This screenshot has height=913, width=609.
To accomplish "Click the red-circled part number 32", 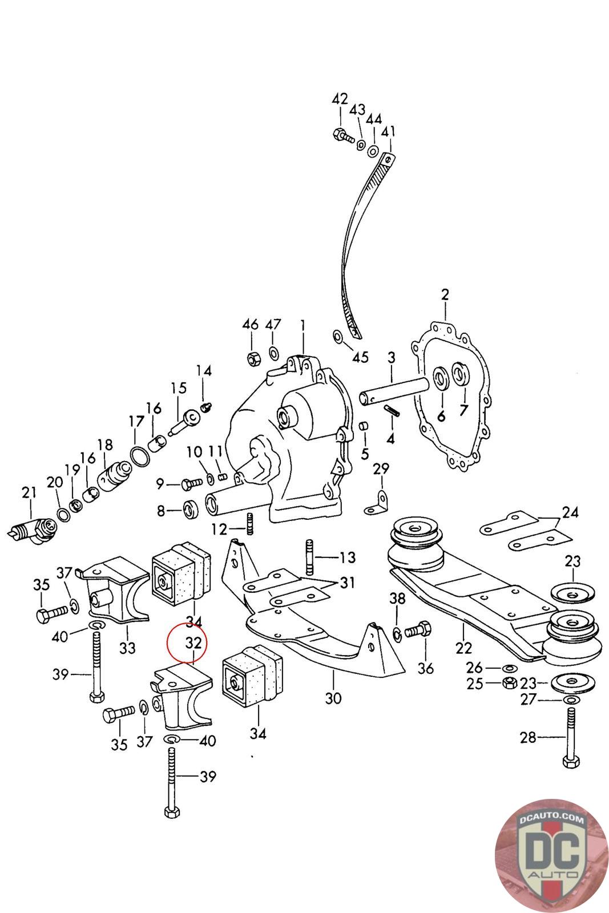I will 193,642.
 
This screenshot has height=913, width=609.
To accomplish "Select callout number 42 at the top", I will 340,99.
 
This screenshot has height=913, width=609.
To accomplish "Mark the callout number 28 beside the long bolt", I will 528,738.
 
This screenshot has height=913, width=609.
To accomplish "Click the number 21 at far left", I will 29,492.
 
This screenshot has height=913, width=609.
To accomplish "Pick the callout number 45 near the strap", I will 360,357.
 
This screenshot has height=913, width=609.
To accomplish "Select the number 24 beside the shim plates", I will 570,512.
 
